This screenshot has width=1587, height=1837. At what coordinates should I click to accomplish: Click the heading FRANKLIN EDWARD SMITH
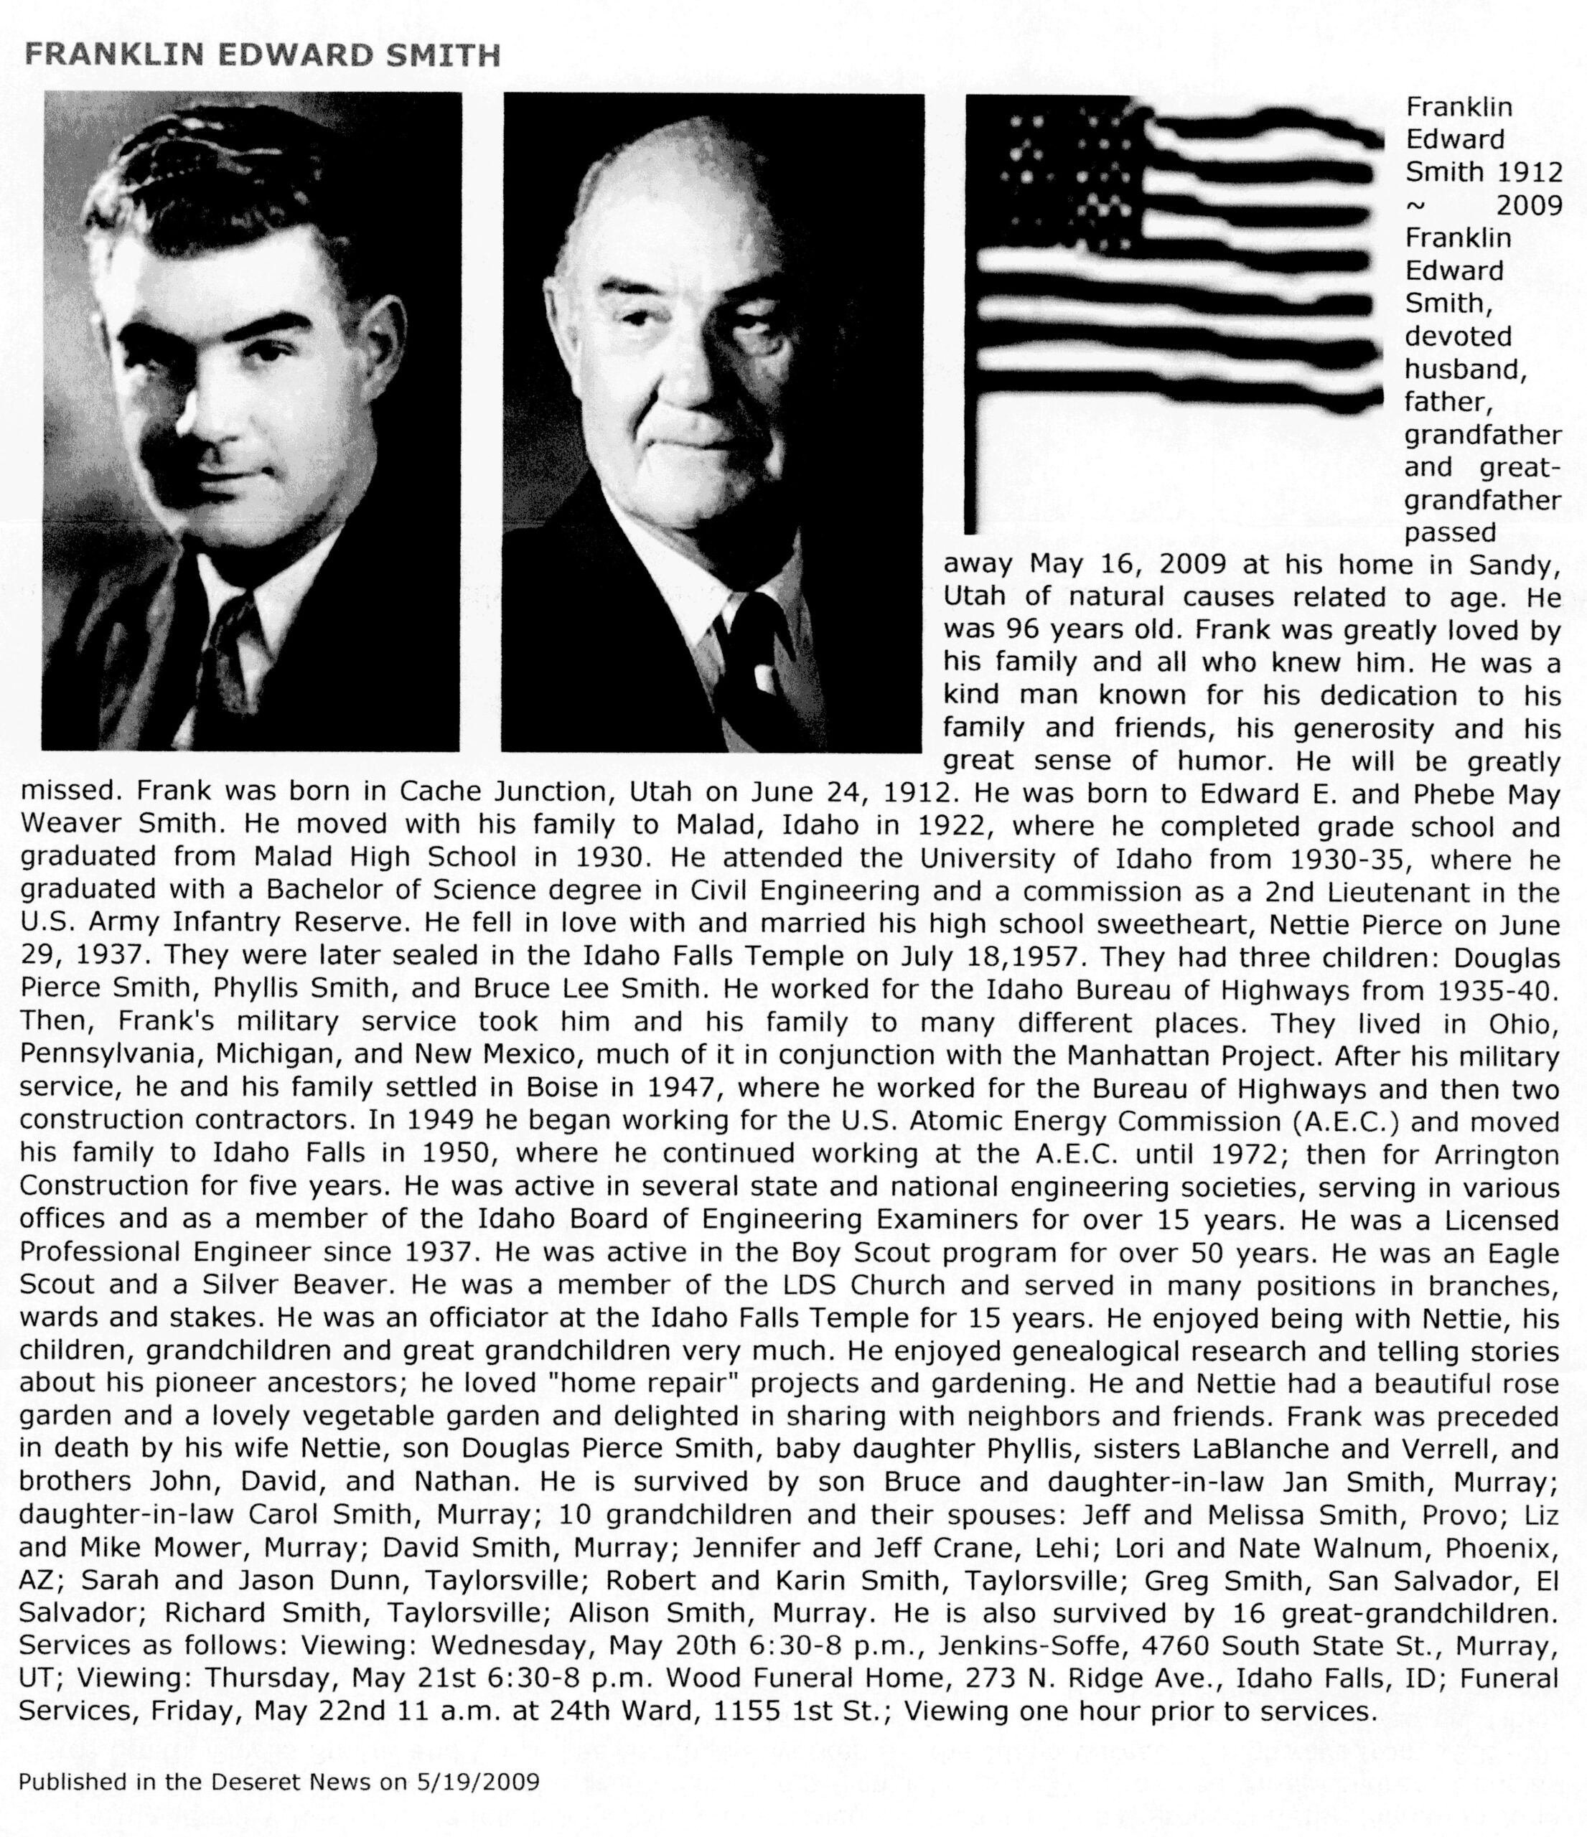(x=263, y=56)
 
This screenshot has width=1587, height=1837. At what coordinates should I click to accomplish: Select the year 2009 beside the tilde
(x=1528, y=206)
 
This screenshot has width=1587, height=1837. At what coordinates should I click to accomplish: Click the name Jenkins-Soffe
(x=1031, y=1646)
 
